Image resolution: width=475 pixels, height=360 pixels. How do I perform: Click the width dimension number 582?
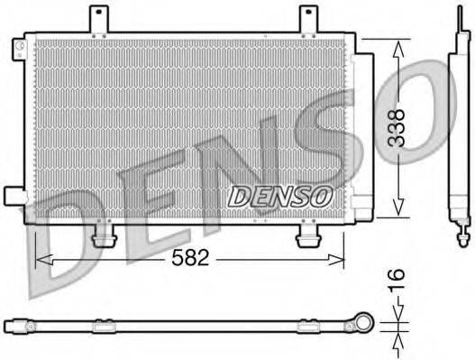pyautogui.click(x=190, y=258)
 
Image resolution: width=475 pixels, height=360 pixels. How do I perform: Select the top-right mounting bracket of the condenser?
pyautogui.click(x=308, y=19)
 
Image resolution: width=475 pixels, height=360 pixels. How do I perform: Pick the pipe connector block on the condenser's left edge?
pyautogui.click(x=14, y=195)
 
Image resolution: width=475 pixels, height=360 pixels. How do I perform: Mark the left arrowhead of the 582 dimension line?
pyautogui.click(x=41, y=259)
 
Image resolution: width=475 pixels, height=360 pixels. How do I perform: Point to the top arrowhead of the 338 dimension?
pyautogui.click(x=397, y=45)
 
